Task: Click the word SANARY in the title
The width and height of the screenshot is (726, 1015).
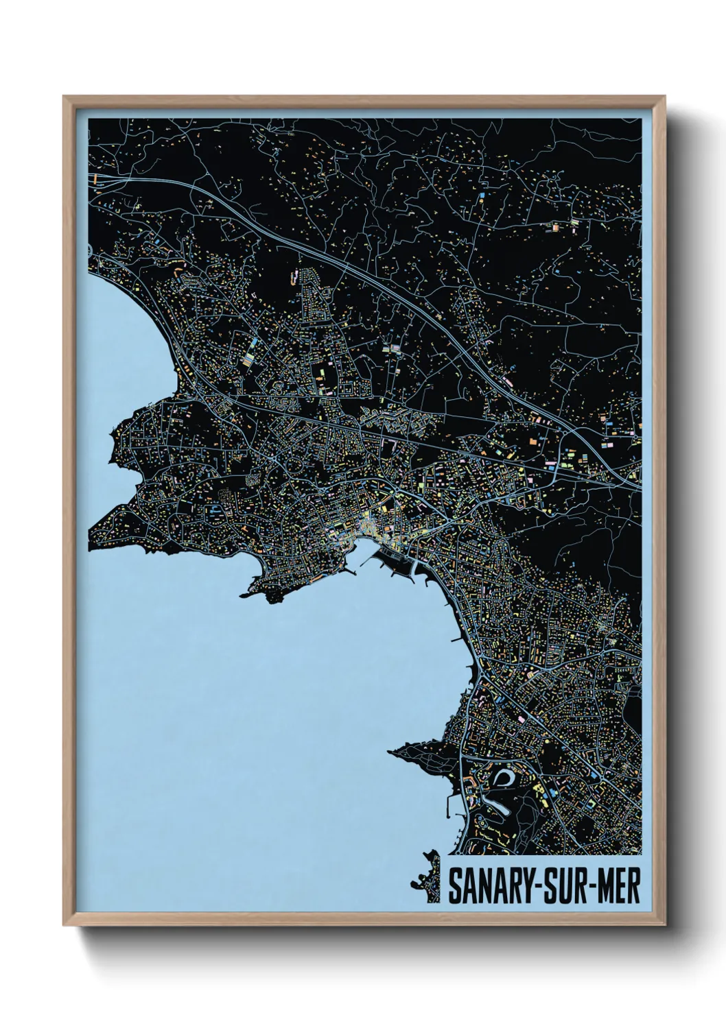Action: click(487, 886)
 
